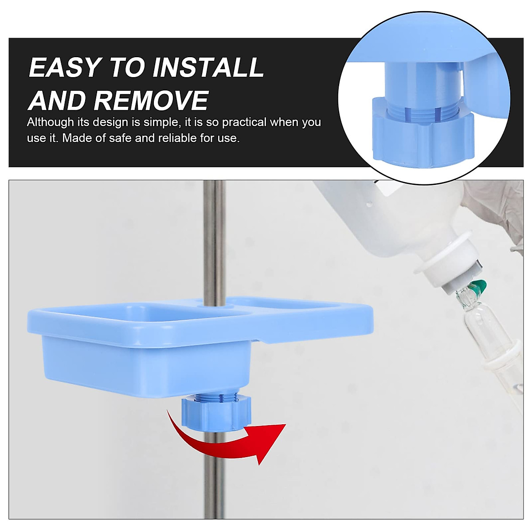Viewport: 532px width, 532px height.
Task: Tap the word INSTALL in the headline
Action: click(x=208, y=68)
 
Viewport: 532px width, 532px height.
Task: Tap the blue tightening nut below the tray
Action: click(x=216, y=412)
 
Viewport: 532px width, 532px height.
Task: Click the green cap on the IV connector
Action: click(x=478, y=288)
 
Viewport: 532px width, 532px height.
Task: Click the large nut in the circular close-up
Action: click(x=421, y=137)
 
